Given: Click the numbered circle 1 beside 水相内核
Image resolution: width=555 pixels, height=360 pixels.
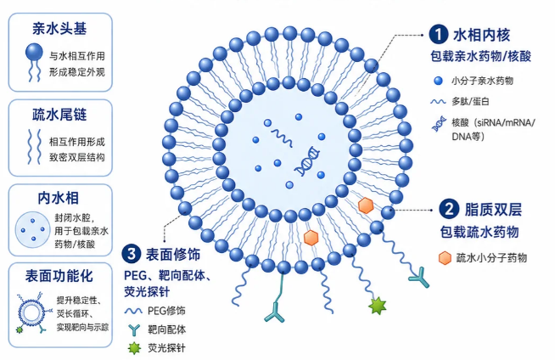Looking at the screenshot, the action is tap(439, 34).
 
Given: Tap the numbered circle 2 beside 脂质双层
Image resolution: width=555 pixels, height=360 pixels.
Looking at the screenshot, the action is tap(449, 209).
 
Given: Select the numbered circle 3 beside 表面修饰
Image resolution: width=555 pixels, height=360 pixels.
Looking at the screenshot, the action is tap(132, 254).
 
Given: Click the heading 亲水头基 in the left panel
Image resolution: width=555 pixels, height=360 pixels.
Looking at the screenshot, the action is tap(59, 29).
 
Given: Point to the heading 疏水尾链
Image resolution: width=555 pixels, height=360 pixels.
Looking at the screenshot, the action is tap(59, 115).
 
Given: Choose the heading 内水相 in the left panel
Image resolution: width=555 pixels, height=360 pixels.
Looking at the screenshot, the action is tap(59, 198).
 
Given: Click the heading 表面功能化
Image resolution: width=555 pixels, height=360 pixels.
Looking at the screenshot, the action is tap(59, 276).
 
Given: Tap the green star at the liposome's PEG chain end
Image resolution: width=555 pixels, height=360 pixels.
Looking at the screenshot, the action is tap(378, 306).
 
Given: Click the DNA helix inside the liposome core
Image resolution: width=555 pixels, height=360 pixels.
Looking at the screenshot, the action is tap(307, 161).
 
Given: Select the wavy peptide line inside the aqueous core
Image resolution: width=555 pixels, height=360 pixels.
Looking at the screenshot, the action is tap(282, 138).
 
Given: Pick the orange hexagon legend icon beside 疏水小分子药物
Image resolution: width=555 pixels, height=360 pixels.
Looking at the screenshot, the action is tap(445, 258).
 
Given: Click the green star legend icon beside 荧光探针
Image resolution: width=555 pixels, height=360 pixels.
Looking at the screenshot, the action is tap(134, 348).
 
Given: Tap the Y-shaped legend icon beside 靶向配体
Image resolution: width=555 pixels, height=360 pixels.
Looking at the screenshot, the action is tap(134, 330).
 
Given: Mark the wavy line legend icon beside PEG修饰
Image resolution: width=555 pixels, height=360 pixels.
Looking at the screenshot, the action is tap(133, 311).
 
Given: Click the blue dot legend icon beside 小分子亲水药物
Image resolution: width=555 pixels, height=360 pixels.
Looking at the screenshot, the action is tap(438, 81).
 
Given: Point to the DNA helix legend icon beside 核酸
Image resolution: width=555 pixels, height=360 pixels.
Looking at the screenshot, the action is tap(439, 124).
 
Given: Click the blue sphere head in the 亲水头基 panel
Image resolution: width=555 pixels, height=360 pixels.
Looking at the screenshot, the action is tap(34, 52).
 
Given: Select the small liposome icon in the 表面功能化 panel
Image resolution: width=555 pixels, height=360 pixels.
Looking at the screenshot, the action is tap(31, 313).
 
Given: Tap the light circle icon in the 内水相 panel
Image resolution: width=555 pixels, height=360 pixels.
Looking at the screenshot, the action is tap(32, 229).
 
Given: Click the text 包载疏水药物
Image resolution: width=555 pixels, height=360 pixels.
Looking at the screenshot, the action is tap(479, 232).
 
